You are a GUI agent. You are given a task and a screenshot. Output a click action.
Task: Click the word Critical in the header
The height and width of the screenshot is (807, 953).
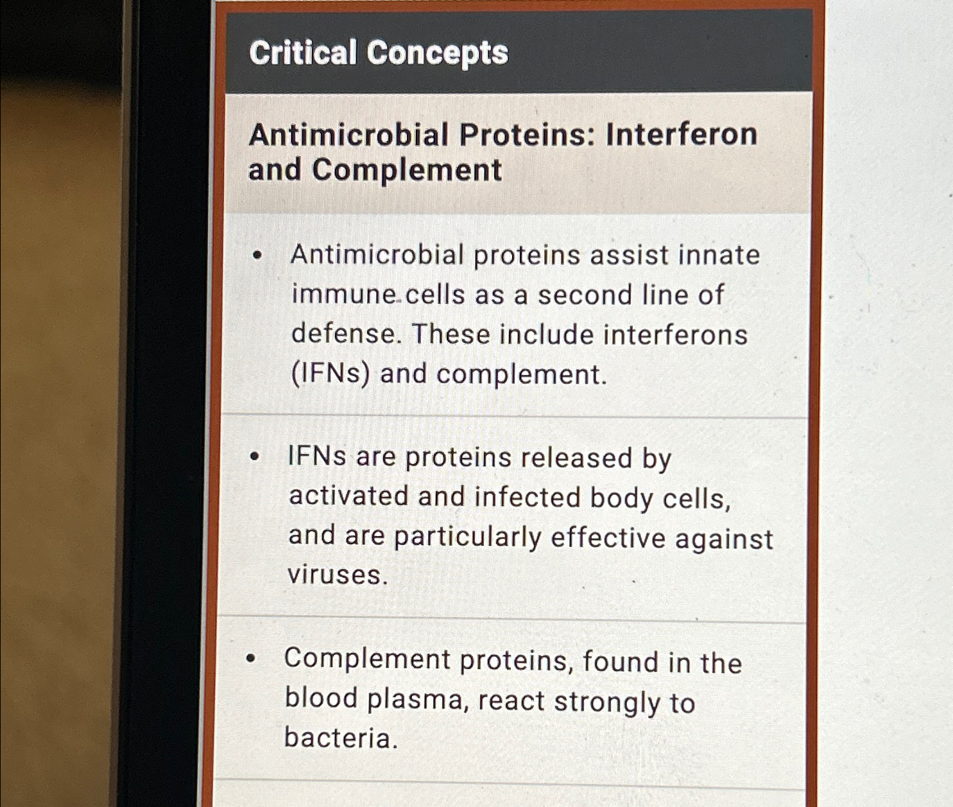click(x=302, y=53)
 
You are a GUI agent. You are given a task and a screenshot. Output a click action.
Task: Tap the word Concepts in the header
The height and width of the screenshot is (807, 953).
click(x=438, y=53)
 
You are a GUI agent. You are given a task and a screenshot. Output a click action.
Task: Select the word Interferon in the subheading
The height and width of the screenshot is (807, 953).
click(x=682, y=135)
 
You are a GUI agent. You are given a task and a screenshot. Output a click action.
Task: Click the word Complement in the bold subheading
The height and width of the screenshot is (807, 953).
click(x=407, y=171)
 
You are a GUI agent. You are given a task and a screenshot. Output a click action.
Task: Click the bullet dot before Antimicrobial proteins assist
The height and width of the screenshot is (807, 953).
click(x=258, y=256)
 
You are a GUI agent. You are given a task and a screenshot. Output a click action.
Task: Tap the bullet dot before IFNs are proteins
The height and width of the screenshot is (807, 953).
click(x=255, y=457)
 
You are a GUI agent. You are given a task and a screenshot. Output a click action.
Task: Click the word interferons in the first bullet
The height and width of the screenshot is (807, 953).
click(x=676, y=335)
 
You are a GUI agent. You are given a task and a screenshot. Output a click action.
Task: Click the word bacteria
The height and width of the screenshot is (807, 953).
click(x=341, y=738)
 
